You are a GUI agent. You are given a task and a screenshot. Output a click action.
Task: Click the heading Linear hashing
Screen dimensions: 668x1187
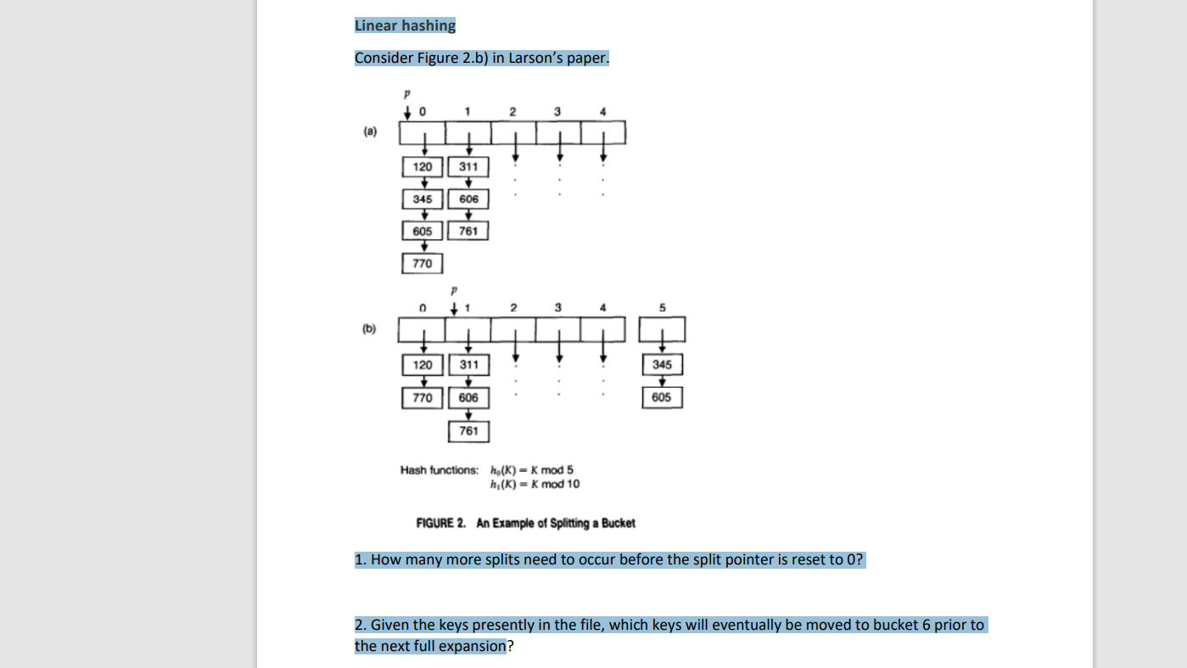pyautogui.click(x=405, y=25)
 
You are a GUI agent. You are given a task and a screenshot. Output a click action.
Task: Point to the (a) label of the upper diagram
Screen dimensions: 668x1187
pyautogui.click(x=370, y=132)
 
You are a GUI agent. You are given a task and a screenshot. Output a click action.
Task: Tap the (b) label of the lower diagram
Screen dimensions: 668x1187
pyautogui.click(x=370, y=328)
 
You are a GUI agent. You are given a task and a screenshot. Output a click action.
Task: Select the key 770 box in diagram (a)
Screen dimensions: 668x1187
pyautogui.click(x=423, y=264)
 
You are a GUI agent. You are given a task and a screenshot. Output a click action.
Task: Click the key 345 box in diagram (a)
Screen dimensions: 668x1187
pyautogui.click(x=423, y=199)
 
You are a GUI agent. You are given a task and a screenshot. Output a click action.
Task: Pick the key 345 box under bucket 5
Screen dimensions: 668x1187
pyautogui.click(x=662, y=364)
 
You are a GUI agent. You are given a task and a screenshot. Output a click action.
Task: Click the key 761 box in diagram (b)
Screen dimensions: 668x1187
pyautogui.click(x=468, y=430)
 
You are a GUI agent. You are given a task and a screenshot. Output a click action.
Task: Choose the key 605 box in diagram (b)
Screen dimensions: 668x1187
pyautogui.click(x=662, y=397)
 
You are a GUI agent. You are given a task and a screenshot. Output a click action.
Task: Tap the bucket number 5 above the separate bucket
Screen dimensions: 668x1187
pyautogui.click(x=663, y=307)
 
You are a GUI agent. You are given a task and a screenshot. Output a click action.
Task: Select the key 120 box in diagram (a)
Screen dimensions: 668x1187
pyautogui.click(x=423, y=166)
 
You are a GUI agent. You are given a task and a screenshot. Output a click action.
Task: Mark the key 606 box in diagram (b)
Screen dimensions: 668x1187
pyautogui.click(x=468, y=397)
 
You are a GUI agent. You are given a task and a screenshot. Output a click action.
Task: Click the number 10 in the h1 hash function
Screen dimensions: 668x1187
pyautogui.click(x=573, y=484)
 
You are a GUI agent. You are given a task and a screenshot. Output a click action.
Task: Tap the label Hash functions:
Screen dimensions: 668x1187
pyautogui.click(x=440, y=470)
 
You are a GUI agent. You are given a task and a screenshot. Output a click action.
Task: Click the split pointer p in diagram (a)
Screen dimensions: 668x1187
pyautogui.click(x=407, y=93)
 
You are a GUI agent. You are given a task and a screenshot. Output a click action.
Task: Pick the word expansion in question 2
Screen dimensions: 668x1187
pyautogui.click(x=472, y=646)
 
